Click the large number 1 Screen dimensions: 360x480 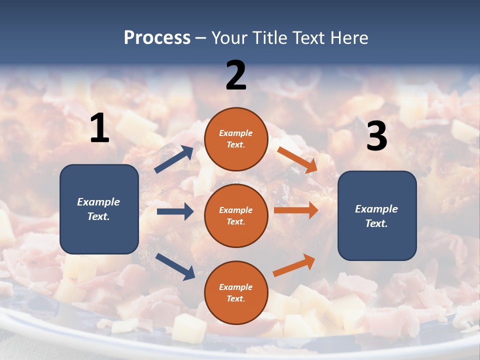[99, 128]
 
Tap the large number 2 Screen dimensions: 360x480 [236, 75]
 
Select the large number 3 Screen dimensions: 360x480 [376, 136]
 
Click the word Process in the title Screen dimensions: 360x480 [157, 38]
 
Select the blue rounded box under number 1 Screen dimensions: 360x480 [99, 209]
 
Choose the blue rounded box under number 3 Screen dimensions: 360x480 [377, 216]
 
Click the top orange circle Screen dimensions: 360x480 [236, 139]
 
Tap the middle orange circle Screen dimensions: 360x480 [236, 215]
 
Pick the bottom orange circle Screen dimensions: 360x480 [236, 292]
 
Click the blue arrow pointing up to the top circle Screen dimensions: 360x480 [174, 159]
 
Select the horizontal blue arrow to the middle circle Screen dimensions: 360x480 [175, 211]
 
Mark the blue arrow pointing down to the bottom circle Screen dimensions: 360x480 [175, 266]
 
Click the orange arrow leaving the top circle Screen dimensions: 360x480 [297, 159]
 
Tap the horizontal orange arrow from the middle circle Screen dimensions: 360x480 [296, 210]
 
